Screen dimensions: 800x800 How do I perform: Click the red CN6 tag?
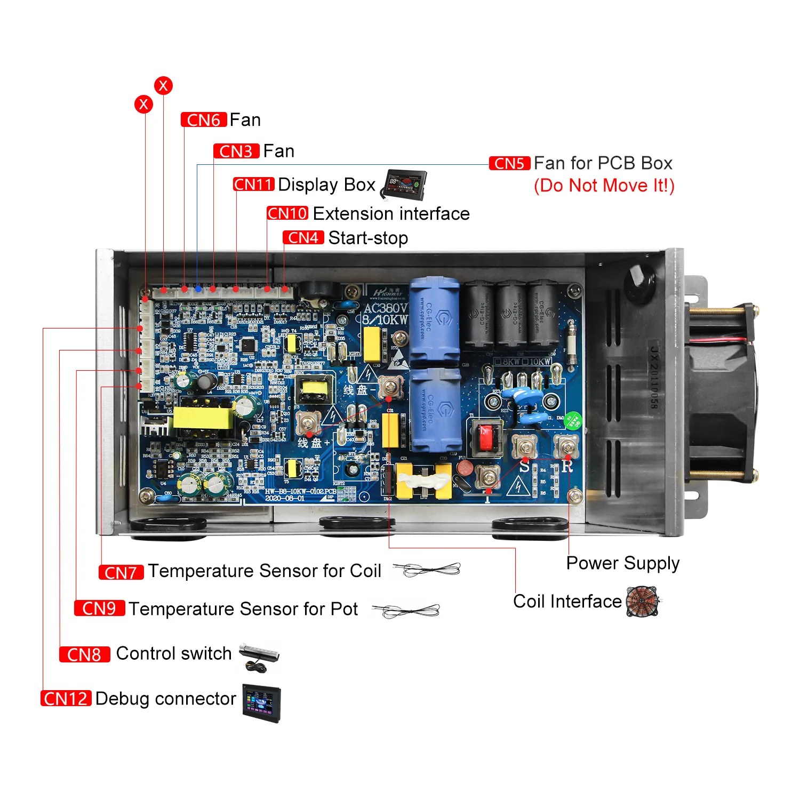click(204, 120)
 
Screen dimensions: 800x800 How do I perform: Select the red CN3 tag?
click(236, 151)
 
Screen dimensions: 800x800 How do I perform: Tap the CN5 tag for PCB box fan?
click(509, 163)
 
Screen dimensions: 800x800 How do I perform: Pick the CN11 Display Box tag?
click(254, 185)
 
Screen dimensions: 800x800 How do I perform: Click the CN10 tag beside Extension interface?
click(287, 213)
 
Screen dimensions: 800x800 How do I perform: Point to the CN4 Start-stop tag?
click(303, 238)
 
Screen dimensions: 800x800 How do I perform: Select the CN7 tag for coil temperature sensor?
click(121, 572)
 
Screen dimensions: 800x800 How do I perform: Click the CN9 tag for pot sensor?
click(100, 609)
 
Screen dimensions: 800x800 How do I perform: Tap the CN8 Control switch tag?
click(84, 654)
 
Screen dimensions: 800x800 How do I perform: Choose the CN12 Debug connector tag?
click(66, 699)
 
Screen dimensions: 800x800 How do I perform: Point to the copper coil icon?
click(643, 602)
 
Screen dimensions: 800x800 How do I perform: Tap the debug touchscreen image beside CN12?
click(261, 703)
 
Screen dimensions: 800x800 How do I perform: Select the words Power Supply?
click(623, 563)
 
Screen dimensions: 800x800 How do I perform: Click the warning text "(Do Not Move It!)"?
click(604, 186)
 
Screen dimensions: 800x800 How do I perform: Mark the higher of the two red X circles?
click(163, 85)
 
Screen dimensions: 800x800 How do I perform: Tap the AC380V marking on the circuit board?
click(385, 308)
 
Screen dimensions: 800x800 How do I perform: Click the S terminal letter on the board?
click(524, 467)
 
